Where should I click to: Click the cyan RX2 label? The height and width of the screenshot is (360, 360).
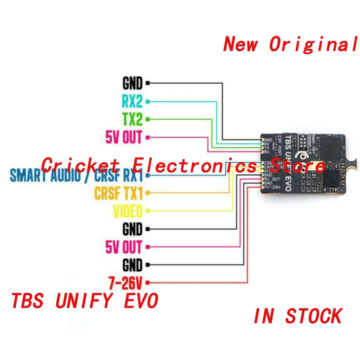point(132,101)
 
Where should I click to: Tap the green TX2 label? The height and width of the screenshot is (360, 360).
point(132,119)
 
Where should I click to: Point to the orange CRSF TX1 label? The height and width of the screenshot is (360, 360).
point(118,193)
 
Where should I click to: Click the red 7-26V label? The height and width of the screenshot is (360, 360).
point(126,283)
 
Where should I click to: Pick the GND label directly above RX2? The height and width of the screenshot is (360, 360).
point(132,83)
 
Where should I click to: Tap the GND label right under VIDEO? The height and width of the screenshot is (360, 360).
point(132,229)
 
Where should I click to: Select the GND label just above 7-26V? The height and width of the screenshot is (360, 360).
point(132,265)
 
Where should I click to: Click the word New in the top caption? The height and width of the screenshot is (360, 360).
point(241,44)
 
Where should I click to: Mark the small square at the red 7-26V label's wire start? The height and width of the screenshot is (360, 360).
point(148,283)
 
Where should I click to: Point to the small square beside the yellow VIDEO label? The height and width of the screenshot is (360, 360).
point(148,211)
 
